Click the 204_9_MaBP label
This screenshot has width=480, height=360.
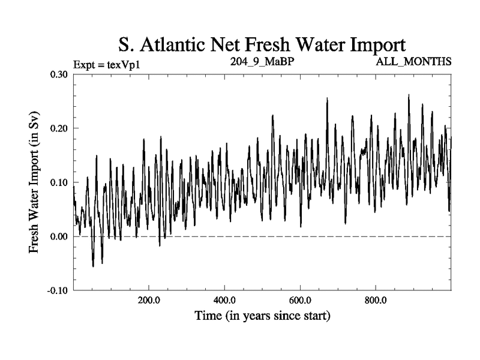262,62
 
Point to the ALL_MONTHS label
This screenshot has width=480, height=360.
413,62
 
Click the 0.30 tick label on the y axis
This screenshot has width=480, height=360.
58,74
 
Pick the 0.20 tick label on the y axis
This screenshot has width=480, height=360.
58,128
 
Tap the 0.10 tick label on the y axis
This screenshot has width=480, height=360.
58,182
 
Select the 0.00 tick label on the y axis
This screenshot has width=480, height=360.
58,236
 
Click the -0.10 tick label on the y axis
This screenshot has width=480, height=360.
57,290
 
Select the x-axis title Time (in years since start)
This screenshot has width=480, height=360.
262,316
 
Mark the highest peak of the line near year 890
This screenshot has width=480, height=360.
409,95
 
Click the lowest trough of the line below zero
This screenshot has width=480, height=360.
93,266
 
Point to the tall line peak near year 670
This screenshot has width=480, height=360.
327,98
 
